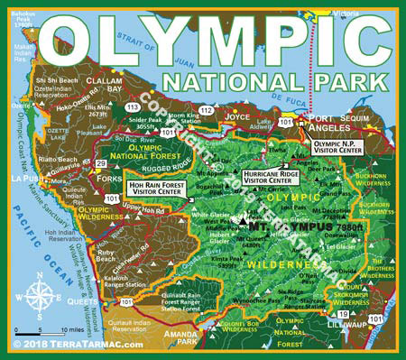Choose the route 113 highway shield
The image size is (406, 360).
(132, 106)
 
